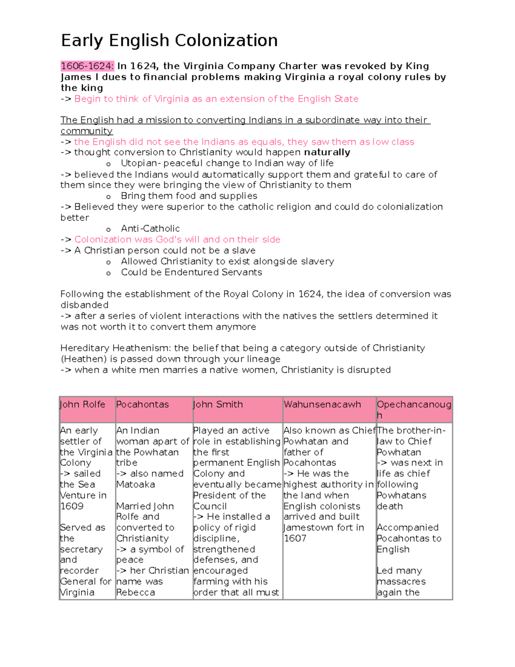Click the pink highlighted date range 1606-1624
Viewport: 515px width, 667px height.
pos(87,66)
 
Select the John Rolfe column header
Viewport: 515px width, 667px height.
pos(82,405)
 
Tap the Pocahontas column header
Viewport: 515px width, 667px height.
pos(142,405)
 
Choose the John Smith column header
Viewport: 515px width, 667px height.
pos(218,405)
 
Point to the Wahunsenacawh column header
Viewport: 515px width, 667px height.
pos(322,405)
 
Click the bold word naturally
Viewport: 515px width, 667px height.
pos(327,152)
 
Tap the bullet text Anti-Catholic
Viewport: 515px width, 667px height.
pos(150,228)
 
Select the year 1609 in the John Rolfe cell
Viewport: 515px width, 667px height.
pos(72,506)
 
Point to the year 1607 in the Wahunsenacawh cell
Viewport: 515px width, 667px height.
pos(295,539)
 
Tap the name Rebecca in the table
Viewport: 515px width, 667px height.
pos(136,593)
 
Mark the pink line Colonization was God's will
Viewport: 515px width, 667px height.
pos(177,240)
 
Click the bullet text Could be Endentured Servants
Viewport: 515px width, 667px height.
pos(191,272)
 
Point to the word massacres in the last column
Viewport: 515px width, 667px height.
pos(401,582)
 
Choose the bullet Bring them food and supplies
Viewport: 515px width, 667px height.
pos(189,196)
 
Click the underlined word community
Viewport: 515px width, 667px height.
pos(87,131)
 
